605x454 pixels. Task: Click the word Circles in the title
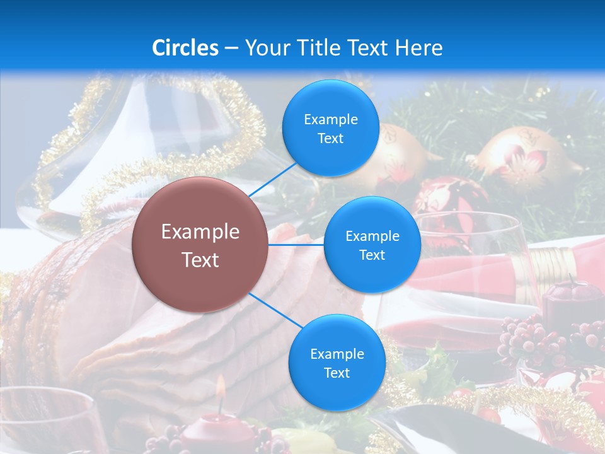pyautogui.click(x=185, y=48)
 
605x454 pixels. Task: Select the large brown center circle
pyautogui.click(x=200, y=245)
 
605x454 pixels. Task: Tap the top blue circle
pyautogui.click(x=330, y=128)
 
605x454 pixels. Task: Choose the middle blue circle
pyautogui.click(x=372, y=245)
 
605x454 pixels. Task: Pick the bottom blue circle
pyautogui.click(x=337, y=363)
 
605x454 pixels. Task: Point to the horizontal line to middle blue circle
pyautogui.click(x=296, y=245)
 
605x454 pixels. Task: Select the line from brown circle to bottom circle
pyautogui.click(x=274, y=311)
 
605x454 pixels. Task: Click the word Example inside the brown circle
pyautogui.click(x=200, y=231)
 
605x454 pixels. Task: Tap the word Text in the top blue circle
pyautogui.click(x=330, y=139)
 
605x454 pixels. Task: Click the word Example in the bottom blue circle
pyautogui.click(x=337, y=354)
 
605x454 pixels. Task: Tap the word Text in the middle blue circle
pyautogui.click(x=372, y=255)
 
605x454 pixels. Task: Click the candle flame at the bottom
pyautogui.click(x=221, y=386)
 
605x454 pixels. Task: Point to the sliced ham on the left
pyautogui.click(x=82, y=303)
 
